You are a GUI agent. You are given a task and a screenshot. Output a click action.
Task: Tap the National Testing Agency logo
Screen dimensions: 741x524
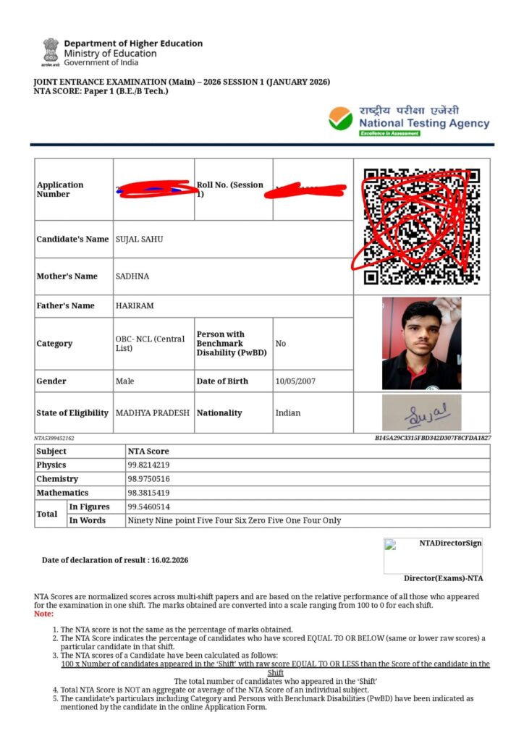click(x=408, y=120)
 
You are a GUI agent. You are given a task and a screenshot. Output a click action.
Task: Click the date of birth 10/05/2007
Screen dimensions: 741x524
click(x=295, y=381)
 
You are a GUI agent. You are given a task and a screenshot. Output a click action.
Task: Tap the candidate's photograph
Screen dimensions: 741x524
click(x=421, y=344)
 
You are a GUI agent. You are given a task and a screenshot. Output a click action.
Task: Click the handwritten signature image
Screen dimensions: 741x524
click(x=421, y=413)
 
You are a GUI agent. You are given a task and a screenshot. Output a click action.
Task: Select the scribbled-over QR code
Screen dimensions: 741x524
click(x=421, y=226)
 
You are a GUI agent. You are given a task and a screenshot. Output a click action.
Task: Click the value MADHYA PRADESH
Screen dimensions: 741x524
click(x=153, y=412)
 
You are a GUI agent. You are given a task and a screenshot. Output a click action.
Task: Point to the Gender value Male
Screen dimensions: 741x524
click(x=124, y=381)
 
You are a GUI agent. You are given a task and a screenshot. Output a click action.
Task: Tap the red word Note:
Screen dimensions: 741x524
click(x=43, y=614)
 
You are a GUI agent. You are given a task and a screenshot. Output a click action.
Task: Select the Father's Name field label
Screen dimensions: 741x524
click(x=65, y=305)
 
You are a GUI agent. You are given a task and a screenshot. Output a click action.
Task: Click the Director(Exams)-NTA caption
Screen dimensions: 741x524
click(x=443, y=578)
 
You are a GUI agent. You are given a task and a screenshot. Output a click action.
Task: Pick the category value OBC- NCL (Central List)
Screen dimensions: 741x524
click(x=150, y=343)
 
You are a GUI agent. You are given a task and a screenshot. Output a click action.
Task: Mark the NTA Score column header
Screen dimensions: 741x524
click(x=148, y=451)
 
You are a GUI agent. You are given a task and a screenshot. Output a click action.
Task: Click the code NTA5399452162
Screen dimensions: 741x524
click(x=54, y=439)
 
